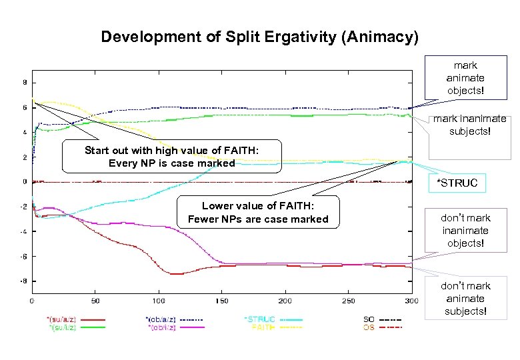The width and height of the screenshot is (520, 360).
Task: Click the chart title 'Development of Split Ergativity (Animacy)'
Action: coord(259,37)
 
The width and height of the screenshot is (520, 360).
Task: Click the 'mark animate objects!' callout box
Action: coord(465,78)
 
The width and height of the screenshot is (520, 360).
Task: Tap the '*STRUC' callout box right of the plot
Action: coord(457,183)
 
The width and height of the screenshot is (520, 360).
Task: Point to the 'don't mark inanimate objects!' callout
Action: coord(465,230)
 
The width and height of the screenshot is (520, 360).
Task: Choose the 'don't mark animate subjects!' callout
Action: coord(465,298)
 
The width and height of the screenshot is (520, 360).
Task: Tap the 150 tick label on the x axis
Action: coord(222,301)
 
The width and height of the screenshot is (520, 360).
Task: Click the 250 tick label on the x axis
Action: coord(349,301)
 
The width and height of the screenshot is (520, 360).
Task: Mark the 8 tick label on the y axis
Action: coord(25,83)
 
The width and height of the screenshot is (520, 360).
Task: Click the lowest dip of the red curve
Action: coord(175,273)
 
